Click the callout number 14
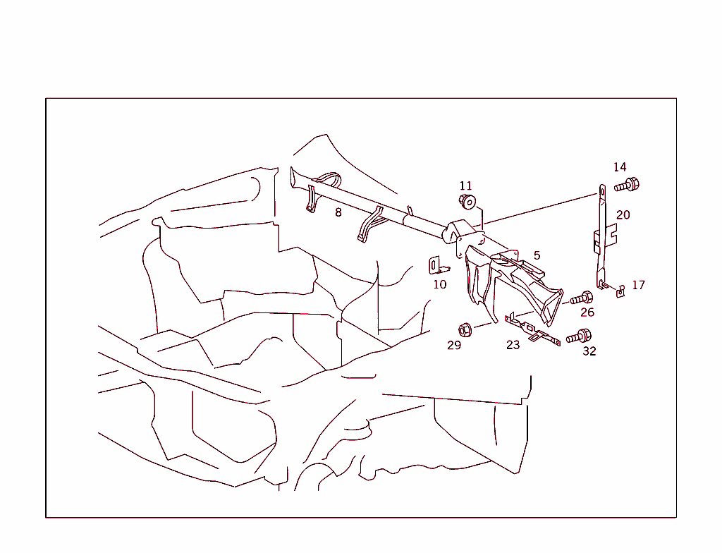coord(620,167)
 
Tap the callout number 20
coord(623,214)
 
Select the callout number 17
coord(638,285)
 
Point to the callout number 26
coord(587,312)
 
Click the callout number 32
coord(589,351)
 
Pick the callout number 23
coord(513,345)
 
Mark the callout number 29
coord(454,345)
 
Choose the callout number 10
coord(440,285)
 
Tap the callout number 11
coord(465,186)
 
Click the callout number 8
coord(338,212)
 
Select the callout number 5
coord(537,255)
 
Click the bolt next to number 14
coord(627,186)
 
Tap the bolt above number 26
coord(582,298)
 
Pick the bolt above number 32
coord(579,336)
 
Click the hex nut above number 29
coord(465,330)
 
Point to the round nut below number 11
coord(467,202)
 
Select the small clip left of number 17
coord(620,291)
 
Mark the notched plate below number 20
coord(605,238)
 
